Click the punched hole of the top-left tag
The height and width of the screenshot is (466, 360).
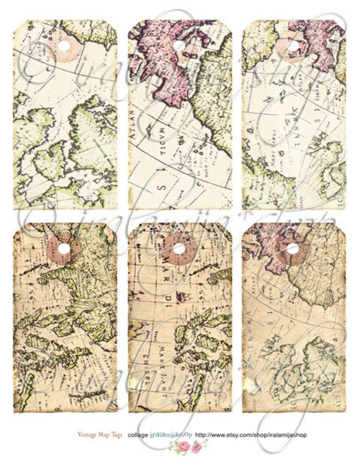coord(64,46)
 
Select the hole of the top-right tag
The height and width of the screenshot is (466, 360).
coord(293,46)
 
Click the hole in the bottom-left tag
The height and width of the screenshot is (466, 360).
coord(64,249)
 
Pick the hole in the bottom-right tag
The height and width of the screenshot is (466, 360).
coord(293,250)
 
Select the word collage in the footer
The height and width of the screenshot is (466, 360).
coord(138,435)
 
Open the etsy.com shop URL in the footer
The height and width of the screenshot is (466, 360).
coord(251,435)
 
